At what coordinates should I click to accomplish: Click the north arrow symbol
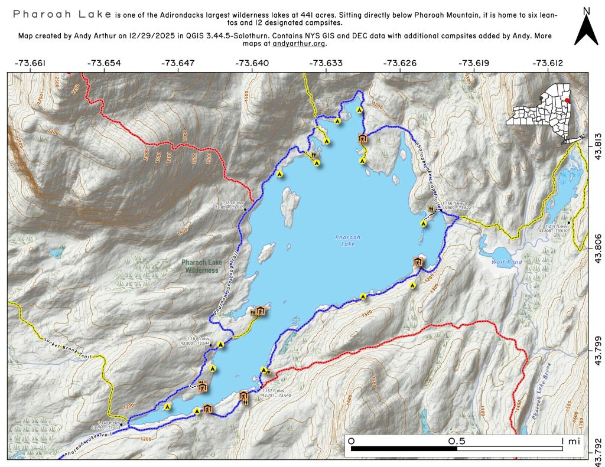[x=586, y=30]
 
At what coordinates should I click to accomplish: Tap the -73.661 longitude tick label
[x=30, y=63]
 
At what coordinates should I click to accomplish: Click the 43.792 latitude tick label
[x=597, y=443]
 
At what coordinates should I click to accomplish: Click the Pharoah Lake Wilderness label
[x=200, y=266]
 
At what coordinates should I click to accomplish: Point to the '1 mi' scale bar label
[x=571, y=441]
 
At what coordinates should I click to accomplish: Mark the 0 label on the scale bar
[x=352, y=441]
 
